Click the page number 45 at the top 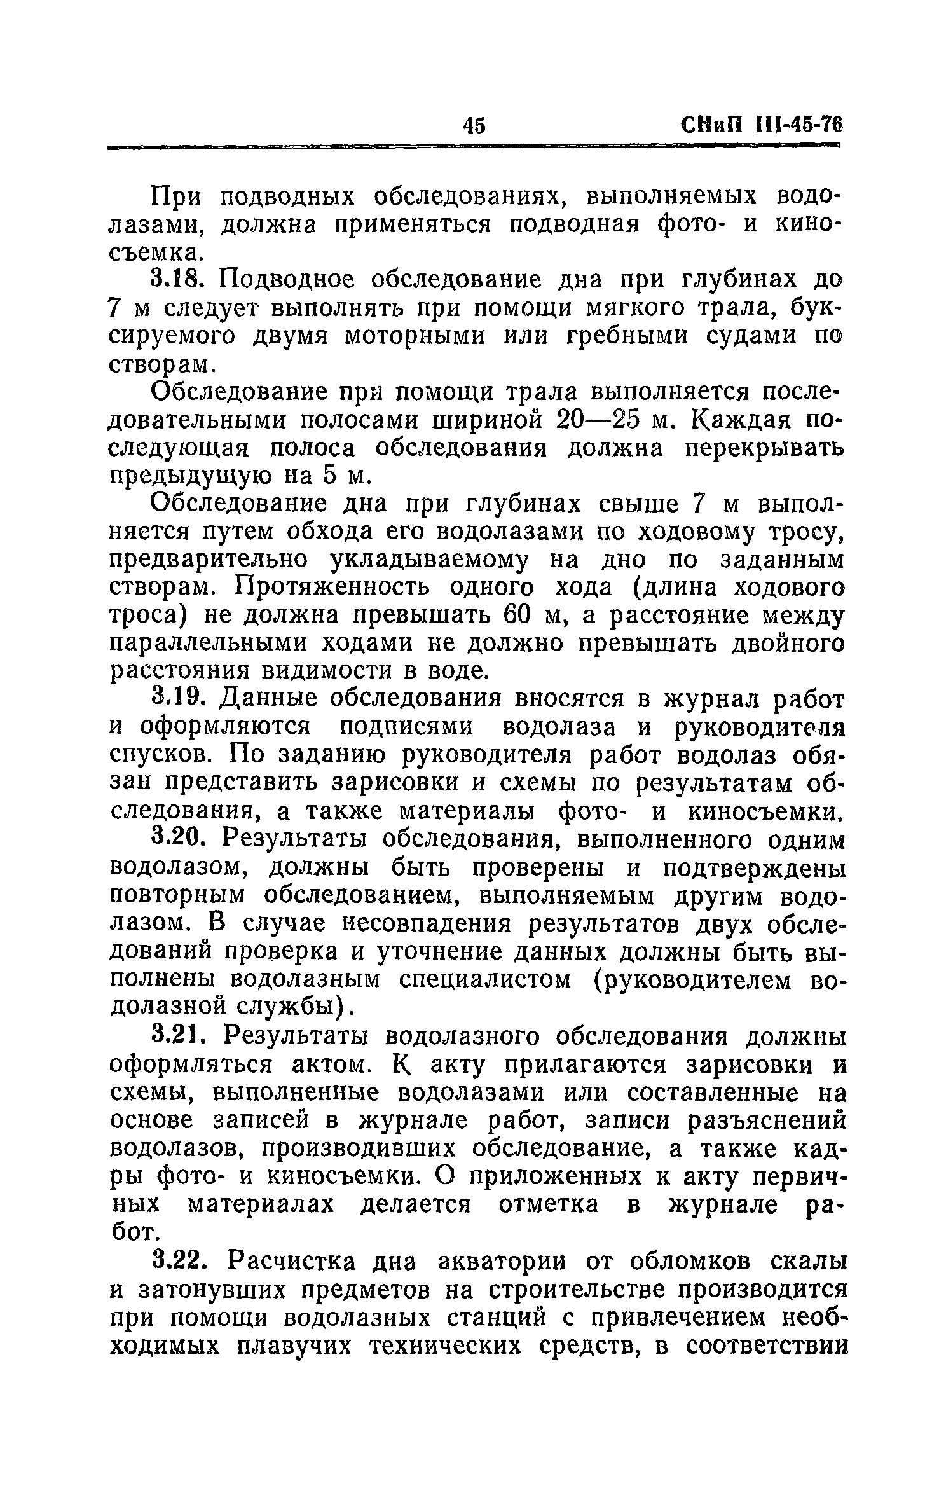click(x=474, y=125)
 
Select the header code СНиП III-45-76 click(x=760, y=125)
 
